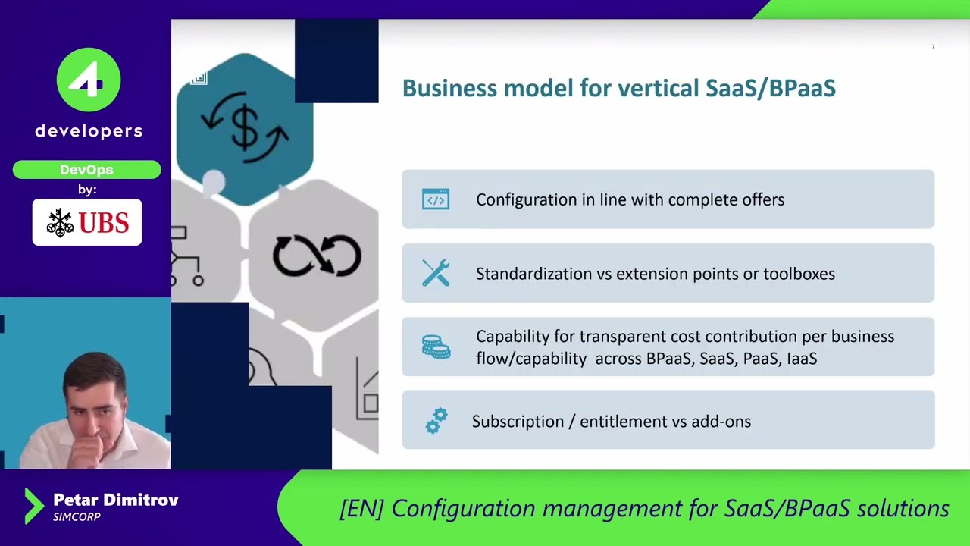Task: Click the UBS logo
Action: pyautogui.click(x=87, y=222)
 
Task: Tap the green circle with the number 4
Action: pyautogui.click(x=89, y=80)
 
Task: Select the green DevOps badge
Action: pyautogui.click(x=86, y=170)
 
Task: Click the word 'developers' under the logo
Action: pyautogui.click(x=89, y=131)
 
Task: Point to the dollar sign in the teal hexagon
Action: pyautogui.click(x=245, y=127)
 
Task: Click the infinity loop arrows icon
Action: pyautogui.click(x=317, y=256)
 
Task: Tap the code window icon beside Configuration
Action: pyautogui.click(x=436, y=199)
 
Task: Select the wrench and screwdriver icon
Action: pyautogui.click(x=436, y=273)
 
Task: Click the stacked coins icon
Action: pyautogui.click(x=436, y=347)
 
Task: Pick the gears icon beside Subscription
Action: pyautogui.click(x=436, y=421)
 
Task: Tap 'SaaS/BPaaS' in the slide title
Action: pyautogui.click(x=770, y=88)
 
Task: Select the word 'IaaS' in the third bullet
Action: pyautogui.click(x=802, y=359)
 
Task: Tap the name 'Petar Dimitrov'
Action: pyautogui.click(x=116, y=500)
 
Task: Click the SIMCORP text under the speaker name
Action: pyautogui.click(x=77, y=517)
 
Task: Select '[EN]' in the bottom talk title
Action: pyautogui.click(x=361, y=508)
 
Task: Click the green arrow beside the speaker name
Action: pyautogui.click(x=33, y=506)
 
